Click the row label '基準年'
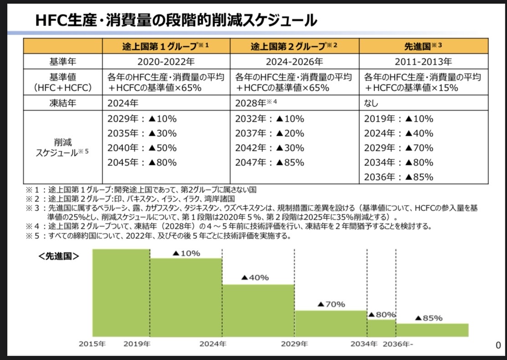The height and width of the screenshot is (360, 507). click(63, 62)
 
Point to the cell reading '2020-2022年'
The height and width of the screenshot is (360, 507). click(166, 62)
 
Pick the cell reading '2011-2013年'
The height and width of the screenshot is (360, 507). click(424, 62)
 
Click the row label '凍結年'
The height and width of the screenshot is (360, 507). click(63, 103)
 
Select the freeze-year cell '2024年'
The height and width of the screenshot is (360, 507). click(122, 103)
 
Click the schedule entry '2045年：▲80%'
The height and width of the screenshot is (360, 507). click(142, 163)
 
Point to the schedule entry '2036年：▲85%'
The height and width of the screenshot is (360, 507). click(399, 177)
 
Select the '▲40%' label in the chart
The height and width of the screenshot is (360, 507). click(255, 277)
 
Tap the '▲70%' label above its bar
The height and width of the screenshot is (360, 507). click(331, 304)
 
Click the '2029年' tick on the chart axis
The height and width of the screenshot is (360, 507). click(294, 344)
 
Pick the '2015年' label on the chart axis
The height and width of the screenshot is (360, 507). click(92, 344)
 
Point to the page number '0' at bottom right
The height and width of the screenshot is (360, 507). click(498, 345)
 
